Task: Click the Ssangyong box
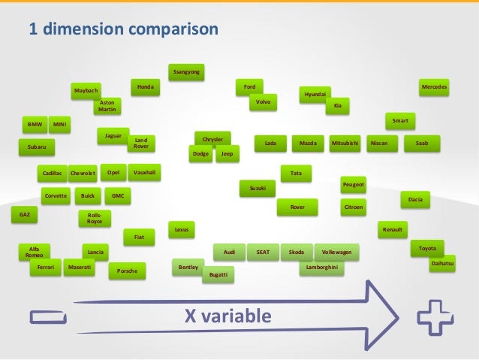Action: (x=185, y=73)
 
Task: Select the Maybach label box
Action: (x=86, y=90)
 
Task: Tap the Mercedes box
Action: (x=434, y=88)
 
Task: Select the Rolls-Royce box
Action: (x=95, y=219)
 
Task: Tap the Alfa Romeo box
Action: (x=35, y=252)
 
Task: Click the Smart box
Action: (x=400, y=120)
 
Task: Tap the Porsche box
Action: (x=128, y=271)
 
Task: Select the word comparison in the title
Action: (x=170, y=29)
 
